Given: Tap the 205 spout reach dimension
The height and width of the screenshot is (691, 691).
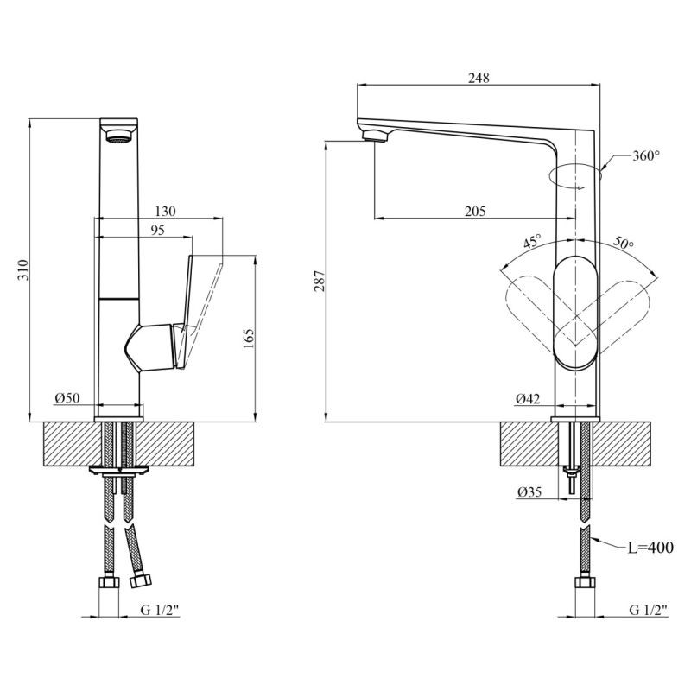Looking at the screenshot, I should (x=474, y=211).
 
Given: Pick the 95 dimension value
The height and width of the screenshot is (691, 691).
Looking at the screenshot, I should (x=157, y=230).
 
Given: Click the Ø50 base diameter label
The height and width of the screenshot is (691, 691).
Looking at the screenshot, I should (x=67, y=397).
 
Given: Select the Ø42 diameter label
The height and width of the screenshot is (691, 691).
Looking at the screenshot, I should (x=528, y=398).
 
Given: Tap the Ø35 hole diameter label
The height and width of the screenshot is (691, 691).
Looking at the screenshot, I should (x=529, y=492).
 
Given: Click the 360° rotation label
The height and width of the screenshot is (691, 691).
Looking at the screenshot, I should (x=645, y=156).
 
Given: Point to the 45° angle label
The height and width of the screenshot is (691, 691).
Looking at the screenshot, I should (x=532, y=242).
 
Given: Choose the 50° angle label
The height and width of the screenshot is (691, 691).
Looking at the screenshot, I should (x=624, y=244).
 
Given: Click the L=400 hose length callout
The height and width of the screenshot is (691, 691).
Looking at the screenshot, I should (x=650, y=548).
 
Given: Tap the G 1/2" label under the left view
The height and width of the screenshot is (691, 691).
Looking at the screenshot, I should (x=159, y=611).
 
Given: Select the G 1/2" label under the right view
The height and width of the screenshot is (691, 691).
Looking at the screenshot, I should (x=649, y=611).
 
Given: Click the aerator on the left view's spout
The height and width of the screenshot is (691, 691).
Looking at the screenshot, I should (x=117, y=135).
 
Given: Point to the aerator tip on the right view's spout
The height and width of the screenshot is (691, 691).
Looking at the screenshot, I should (x=373, y=134).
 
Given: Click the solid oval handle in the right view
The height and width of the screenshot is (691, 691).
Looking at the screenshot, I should (x=574, y=313).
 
